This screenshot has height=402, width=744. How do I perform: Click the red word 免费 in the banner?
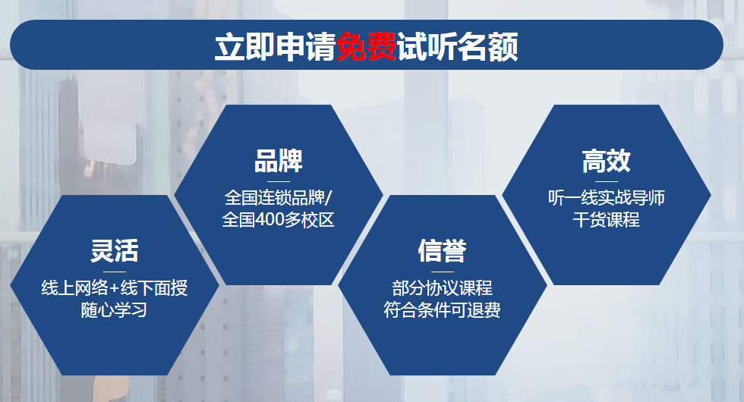pyautogui.click(x=366, y=46)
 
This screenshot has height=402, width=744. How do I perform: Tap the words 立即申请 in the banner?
pyautogui.click(x=275, y=46)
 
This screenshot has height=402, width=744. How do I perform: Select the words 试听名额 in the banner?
pyautogui.click(x=457, y=46)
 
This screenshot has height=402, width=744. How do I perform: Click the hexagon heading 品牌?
pyautogui.click(x=279, y=161)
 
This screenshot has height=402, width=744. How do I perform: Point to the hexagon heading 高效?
pyautogui.click(x=607, y=161)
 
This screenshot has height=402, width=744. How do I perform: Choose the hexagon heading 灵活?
pyautogui.click(x=115, y=251)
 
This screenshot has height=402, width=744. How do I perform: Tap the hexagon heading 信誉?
pyautogui.click(x=442, y=251)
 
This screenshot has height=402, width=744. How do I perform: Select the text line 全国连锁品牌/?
pyautogui.click(x=279, y=198)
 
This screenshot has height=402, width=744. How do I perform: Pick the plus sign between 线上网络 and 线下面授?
pyautogui.click(x=115, y=288)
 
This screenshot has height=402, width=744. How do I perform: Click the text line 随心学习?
pyautogui.click(x=115, y=310)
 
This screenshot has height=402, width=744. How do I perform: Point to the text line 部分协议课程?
pyautogui.click(x=442, y=287)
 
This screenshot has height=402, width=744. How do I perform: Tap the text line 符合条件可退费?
pyautogui.click(x=442, y=310)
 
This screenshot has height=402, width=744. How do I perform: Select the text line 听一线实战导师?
pyautogui.click(x=607, y=198)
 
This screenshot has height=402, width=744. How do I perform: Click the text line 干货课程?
pyautogui.click(x=607, y=219)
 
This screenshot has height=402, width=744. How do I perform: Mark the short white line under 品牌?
pyautogui.click(x=279, y=181)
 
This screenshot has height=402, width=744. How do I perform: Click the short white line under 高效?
pyautogui.click(x=607, y=181)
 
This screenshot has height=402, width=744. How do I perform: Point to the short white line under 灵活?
pyautogui.click(x=115, y=272)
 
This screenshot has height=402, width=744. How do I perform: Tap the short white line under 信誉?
pyautogui.click(x=442, y=272)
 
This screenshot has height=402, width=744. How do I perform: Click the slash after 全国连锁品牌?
pyautogui.click(x=329, y=198)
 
